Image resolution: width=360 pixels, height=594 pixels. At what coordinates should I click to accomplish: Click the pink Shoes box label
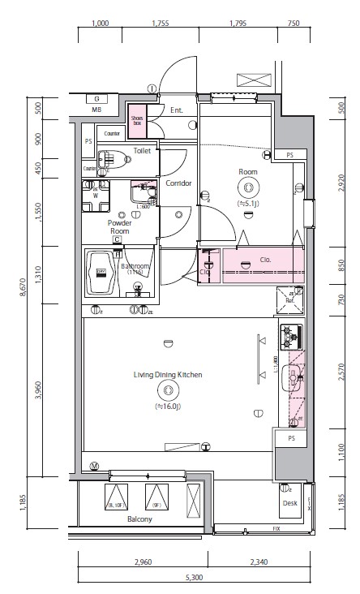tap(137, 118)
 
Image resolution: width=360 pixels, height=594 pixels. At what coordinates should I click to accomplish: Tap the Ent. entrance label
tap(177, 110)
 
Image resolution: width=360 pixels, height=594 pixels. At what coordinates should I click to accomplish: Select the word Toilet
tap(142, 150)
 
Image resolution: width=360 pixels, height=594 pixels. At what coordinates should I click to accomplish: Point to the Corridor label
tap(178, 183)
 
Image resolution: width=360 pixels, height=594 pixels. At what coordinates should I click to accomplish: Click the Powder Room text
tap(119, 226)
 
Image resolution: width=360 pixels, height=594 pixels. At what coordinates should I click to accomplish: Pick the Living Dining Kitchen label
tap(168, 375)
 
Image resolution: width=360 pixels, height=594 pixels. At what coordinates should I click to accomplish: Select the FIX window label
tap(276, 529)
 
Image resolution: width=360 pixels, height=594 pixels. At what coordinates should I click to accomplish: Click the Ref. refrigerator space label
tap(289, 301)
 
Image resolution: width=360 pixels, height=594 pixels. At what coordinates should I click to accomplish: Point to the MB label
tap(96, 109)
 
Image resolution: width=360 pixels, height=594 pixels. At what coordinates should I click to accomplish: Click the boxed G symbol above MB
tap(96, 98)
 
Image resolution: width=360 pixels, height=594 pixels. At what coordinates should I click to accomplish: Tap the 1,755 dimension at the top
tap(160, 24)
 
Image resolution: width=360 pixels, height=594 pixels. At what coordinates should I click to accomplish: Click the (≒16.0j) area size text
tap(168, 406)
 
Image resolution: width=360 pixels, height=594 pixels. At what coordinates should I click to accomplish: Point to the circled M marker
tap(95, 466)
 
